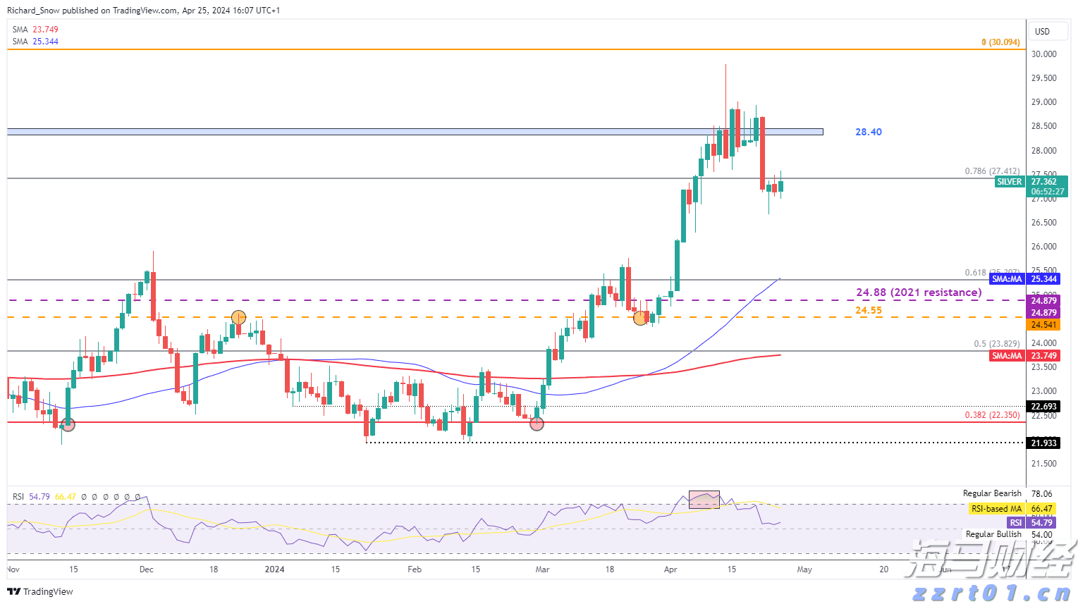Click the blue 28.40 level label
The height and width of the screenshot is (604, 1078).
pos(868,132)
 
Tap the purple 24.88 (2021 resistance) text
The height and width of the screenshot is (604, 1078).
pos(918,292)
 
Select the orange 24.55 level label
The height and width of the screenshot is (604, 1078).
pos(868,310)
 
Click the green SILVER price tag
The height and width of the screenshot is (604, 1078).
pos(1009,182)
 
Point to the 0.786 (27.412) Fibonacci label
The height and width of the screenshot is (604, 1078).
pos(991,171)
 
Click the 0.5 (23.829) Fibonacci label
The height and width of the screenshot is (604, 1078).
pos(996,344)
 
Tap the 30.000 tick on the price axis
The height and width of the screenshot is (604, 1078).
pos(1043,54)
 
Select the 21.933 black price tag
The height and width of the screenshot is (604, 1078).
pos(1043,443)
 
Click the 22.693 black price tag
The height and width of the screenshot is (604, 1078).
pos(1043,407)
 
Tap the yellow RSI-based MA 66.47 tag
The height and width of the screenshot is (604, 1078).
pos(1012,509)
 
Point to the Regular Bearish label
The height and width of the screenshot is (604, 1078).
pos(992,493)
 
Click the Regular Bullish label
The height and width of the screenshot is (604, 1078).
pos(993,534)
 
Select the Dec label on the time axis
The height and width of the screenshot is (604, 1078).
pos(146,569)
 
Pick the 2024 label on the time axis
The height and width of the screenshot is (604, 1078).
pos(274,569)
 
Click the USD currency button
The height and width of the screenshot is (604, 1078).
pos(1042,32)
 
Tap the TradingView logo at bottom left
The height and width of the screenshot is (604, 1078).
pos(40,591)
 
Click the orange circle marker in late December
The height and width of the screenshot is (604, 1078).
pos(239,318)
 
